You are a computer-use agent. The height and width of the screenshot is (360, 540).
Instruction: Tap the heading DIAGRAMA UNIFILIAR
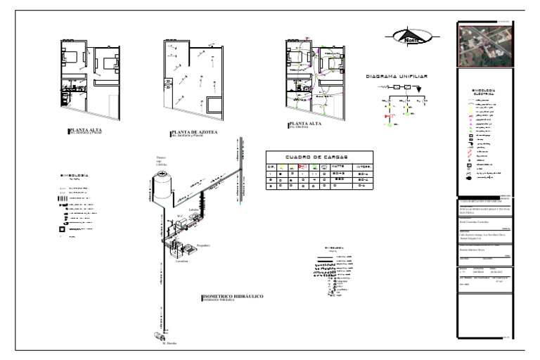(397, 75)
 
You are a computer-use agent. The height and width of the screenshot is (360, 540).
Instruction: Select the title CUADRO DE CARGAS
(320, 157)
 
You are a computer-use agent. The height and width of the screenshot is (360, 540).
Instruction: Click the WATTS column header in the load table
(340, 167)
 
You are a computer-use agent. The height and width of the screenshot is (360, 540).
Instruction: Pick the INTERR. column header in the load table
(364, 167)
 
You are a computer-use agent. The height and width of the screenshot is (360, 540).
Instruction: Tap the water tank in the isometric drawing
(162, 185)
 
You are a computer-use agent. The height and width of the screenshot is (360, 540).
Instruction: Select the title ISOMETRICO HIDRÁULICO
(233, 297)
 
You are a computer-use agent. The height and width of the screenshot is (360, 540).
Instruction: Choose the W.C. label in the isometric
(180, 216)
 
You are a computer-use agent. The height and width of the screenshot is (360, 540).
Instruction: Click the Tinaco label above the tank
(161, 157)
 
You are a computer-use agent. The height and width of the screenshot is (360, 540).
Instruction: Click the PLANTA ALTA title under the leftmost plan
(84, 129)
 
